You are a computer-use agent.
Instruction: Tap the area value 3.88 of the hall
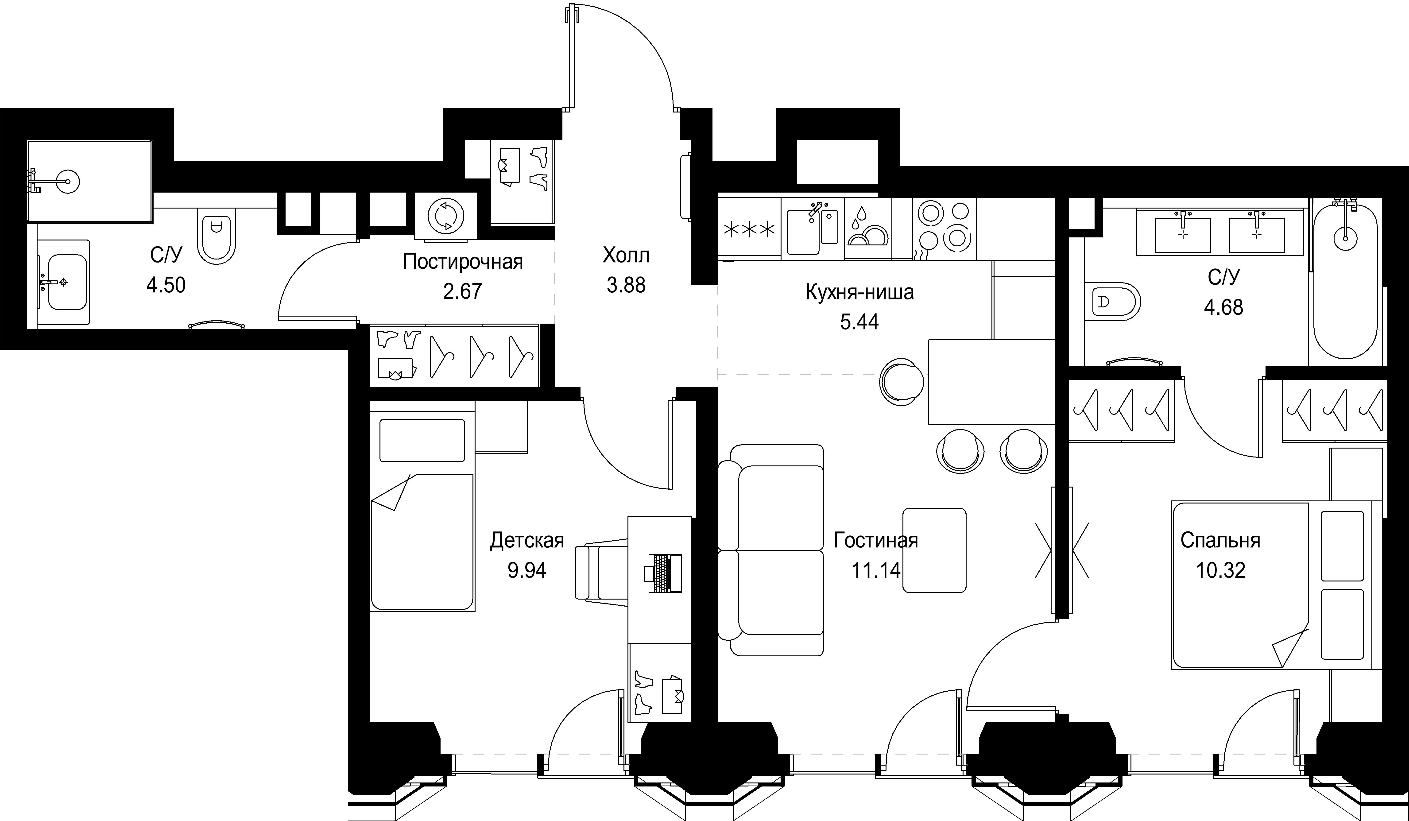[626, 285]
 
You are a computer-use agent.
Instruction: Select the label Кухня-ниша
[859, 292]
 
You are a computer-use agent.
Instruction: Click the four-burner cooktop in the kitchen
[944, 229]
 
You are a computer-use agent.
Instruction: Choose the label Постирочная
[463, 262]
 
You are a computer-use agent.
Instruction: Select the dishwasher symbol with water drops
[868, 229]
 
